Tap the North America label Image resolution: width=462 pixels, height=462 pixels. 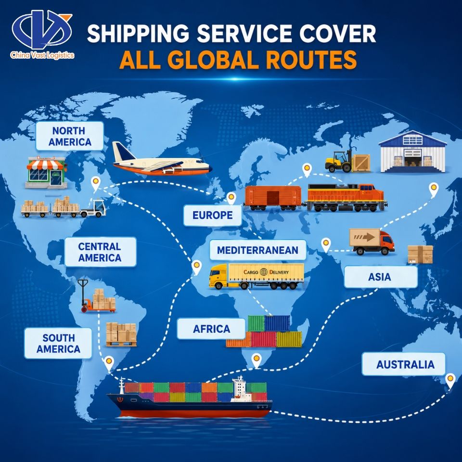70,136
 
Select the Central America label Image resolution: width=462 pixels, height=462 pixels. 100,252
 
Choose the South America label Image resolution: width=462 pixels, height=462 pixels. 58,343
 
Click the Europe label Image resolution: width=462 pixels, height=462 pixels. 212,216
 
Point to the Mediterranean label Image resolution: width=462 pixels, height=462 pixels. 258,250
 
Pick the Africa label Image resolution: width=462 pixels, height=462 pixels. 211,329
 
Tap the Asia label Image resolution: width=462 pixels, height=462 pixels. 380,277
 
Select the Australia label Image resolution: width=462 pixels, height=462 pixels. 405,364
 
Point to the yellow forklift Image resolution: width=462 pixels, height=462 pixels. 339,162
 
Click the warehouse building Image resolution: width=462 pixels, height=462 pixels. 412,151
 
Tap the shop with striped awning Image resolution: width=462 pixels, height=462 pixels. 46,172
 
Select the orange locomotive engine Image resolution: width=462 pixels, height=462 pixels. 346,197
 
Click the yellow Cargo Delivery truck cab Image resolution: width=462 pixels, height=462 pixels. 218,276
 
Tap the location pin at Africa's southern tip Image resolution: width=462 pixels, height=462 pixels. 257,360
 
